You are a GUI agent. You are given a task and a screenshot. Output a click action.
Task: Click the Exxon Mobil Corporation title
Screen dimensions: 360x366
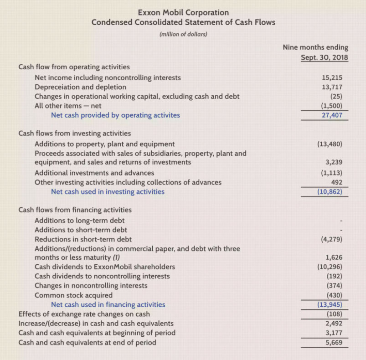click(x=183, y=12)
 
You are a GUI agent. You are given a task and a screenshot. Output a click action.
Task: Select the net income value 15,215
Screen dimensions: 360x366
click(x=332, y=77)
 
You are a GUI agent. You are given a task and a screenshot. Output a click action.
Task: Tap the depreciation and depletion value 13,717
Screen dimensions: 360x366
click(x=332, y=87)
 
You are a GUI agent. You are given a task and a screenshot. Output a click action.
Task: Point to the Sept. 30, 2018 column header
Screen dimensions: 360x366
click(x=324, y=57)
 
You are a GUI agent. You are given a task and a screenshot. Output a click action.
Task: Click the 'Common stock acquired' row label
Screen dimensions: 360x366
click(x=73, y=295)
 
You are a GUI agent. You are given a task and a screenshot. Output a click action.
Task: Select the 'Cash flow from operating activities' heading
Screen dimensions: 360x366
click(x=74, y=67)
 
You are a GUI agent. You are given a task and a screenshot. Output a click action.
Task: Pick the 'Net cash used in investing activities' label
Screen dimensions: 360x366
click(x=108, y=191)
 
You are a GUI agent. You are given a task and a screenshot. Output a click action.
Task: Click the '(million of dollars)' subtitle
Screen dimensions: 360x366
click(x=183, y=34)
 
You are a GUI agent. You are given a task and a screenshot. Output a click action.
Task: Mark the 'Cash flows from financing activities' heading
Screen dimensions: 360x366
click(x=75, y=210)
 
